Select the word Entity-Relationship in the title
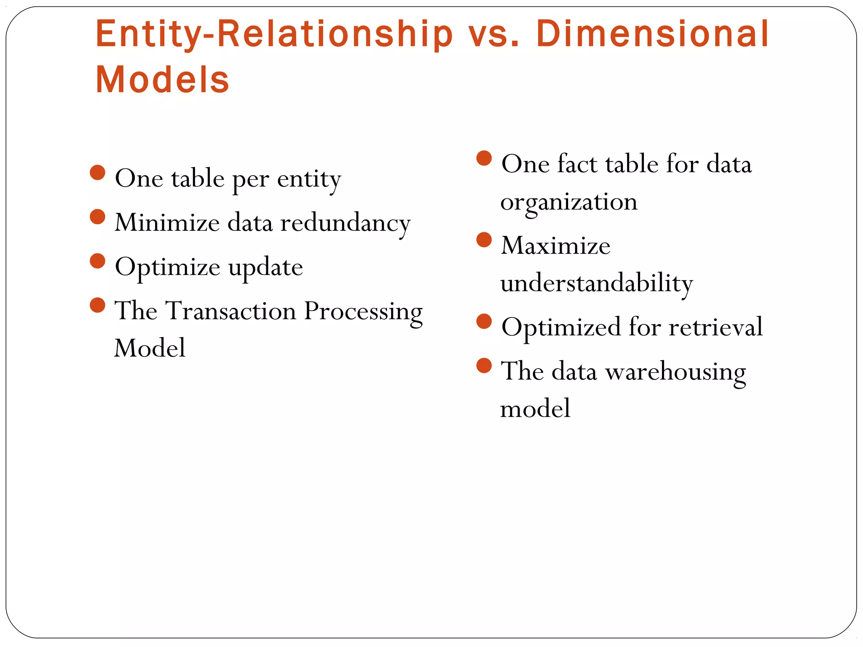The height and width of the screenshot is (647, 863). point(274,35)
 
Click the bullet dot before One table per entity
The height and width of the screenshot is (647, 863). point(97,173)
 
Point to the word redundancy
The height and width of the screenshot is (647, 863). point(345,223)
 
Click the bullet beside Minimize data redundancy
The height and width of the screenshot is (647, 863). point(97,217)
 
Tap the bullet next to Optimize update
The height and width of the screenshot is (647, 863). point(97,261)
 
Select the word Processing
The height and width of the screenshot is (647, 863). point(363,312)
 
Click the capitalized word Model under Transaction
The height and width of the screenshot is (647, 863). point(150,348)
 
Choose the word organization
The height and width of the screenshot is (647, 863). point(569,202)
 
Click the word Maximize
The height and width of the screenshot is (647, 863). point(555,245)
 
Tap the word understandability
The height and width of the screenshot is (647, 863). point(596,283)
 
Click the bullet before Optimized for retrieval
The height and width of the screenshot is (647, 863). point(484,321)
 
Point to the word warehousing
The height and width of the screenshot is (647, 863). point(675,372)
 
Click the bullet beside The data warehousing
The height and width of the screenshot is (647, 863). point(484,366)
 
